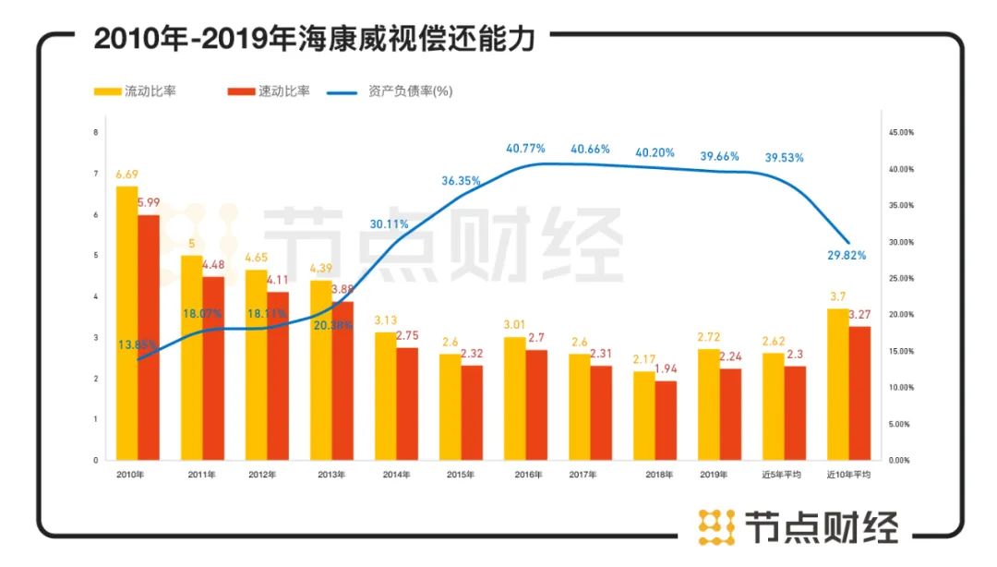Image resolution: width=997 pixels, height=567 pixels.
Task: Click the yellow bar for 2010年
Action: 127,323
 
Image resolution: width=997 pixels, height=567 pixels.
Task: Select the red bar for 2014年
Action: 407,404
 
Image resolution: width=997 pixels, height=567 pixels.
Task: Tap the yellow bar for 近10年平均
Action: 837,384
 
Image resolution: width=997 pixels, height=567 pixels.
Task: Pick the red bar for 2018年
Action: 666,420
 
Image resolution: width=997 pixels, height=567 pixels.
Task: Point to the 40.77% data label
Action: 525,148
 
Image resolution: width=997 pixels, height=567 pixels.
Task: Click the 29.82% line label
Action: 847,255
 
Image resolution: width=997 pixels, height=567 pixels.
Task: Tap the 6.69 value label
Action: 127,175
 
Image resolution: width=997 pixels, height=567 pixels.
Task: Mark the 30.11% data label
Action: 389,223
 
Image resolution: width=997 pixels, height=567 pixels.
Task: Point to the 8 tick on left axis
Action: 96,132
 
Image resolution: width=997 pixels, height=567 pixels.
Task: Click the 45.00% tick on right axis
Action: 900,133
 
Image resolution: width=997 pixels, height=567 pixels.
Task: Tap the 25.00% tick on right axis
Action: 900,278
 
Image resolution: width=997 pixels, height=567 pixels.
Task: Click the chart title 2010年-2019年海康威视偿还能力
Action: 314,40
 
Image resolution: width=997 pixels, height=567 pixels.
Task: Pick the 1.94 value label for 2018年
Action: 666,369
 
